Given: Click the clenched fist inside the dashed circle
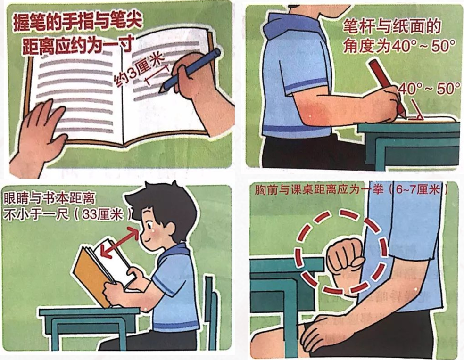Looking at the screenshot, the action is (345, 258).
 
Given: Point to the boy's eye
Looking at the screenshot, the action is (148, 223).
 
